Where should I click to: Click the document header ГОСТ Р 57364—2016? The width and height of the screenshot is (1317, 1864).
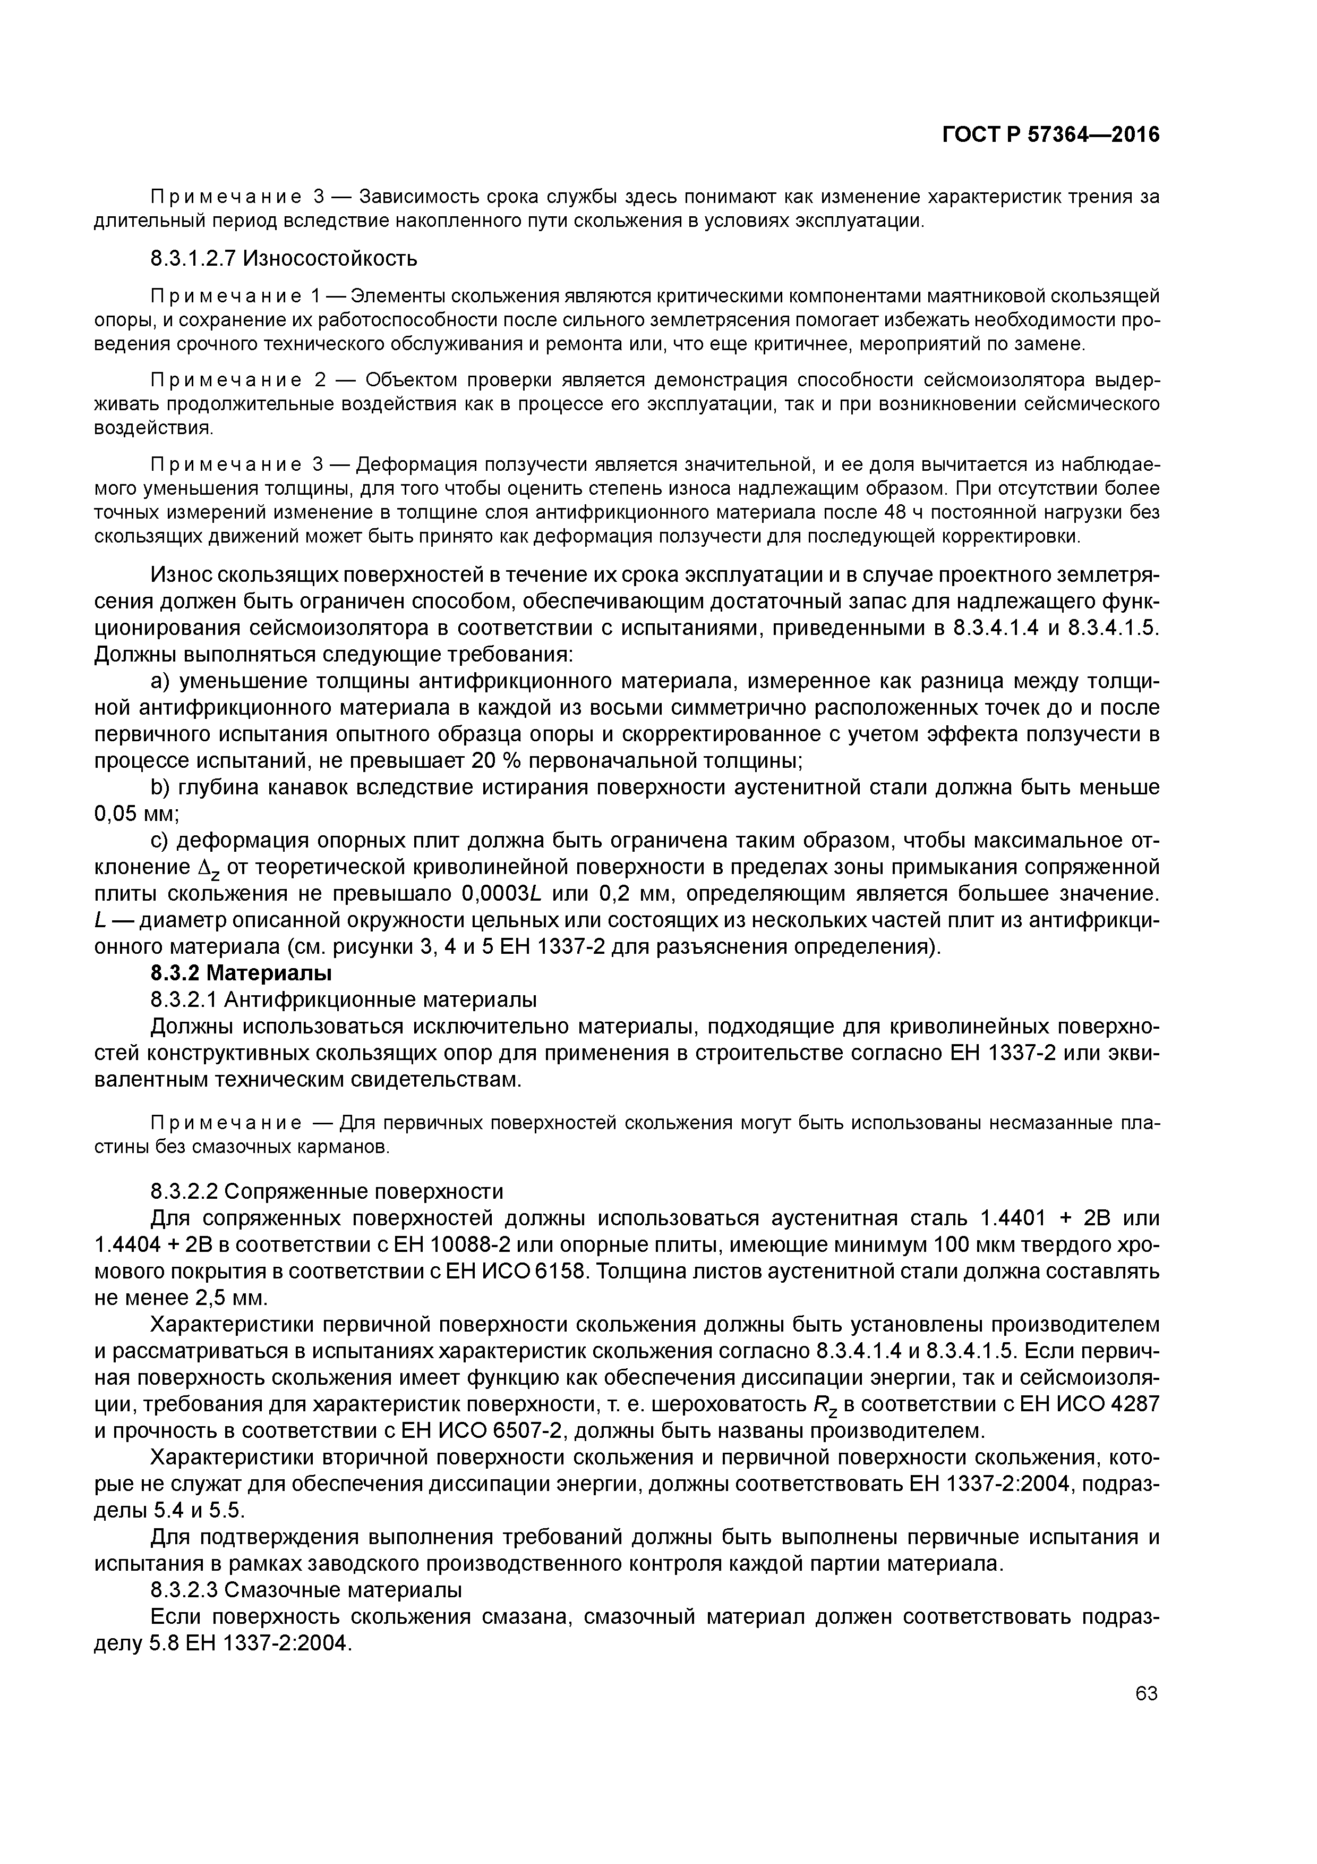point(1051,135)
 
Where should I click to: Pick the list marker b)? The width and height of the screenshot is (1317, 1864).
point(161,787)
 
